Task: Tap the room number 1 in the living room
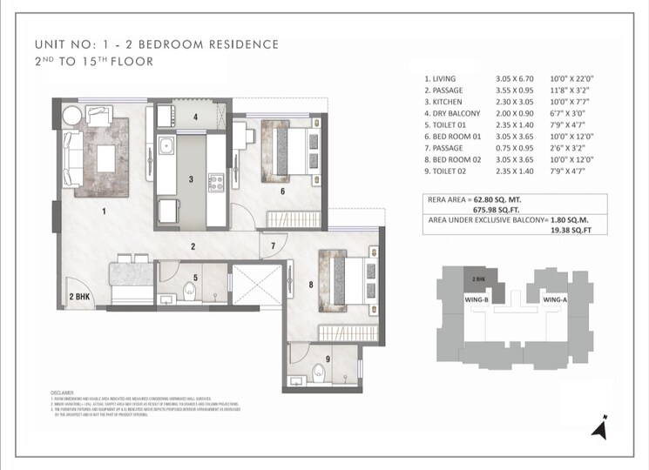(104, 211)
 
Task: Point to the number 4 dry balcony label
(195, 117)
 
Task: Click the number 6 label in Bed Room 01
(282, 191)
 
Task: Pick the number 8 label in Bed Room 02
(310, 283)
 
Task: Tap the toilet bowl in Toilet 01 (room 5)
(191, 290)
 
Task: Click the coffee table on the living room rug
(107, 158)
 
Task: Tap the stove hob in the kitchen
(215, 183)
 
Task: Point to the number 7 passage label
(272, 246)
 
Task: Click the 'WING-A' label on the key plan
(555, 299)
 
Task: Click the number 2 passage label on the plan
(193, 246)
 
